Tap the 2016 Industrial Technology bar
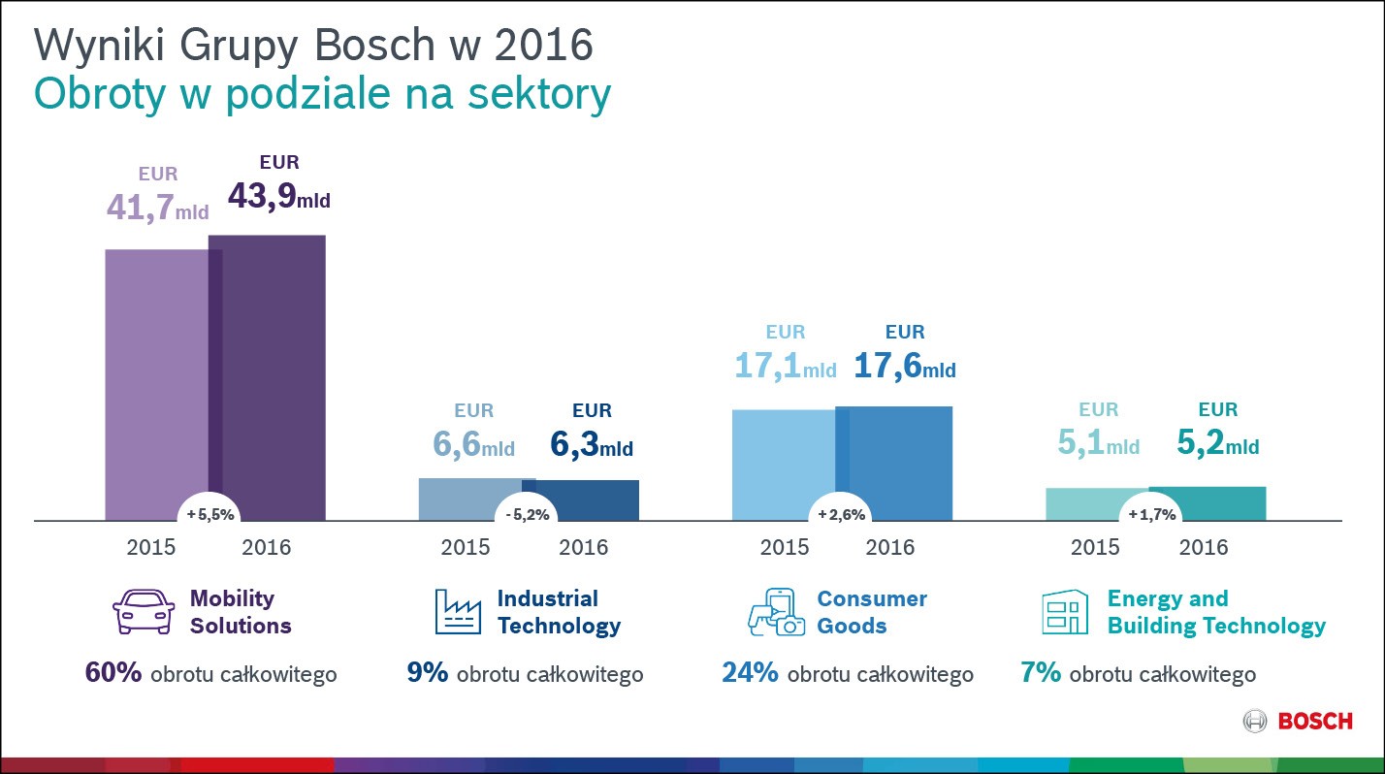click(587, 500)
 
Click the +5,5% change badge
click(209, 515)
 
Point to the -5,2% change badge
click(527, 515)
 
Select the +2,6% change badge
click(840, 515)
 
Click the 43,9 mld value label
click(278, 197)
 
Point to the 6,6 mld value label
click(473, 445)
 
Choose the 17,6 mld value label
click(904, 366)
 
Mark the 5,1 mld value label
click(1098, 444)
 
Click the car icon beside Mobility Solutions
click(144, 613)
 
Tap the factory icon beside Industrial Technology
click(458, 612)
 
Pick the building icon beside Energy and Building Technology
click(1065, 612)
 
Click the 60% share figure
click(113, 672)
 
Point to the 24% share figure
click(750, 672)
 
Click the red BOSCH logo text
click(1314, 721)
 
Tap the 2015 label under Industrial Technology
click(466, 547)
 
